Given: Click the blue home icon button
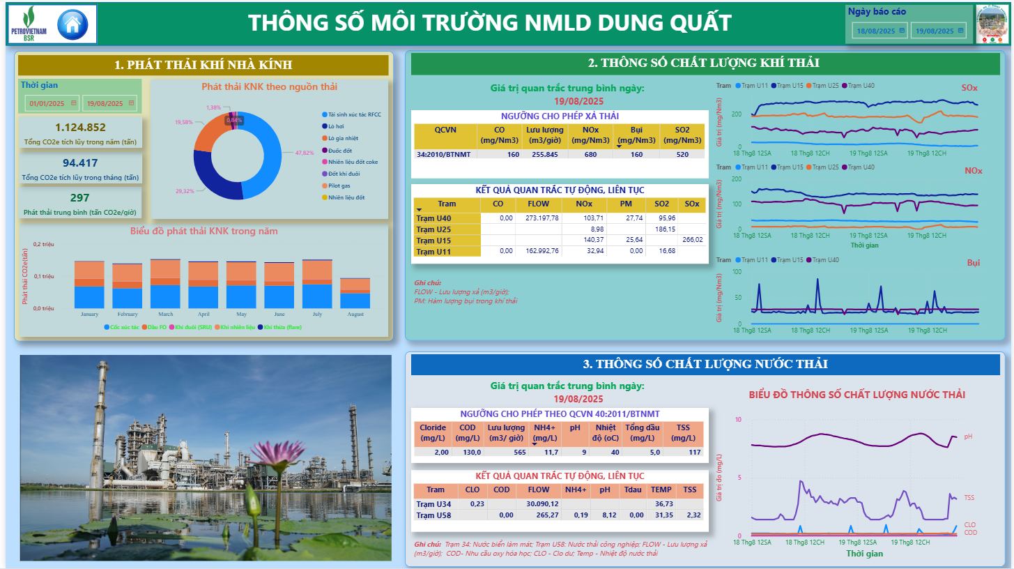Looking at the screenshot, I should point(72,24).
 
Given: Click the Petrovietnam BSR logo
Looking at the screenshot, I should point(29,24).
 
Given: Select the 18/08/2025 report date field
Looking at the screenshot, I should point(880,31).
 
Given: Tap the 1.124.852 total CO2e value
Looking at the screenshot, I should point(80,127).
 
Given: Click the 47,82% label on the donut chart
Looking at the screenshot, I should point(304,152).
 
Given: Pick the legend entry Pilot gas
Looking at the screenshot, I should point(340,185).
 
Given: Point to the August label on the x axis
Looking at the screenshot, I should point(355,314).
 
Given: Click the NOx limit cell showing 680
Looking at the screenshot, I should point(590,154).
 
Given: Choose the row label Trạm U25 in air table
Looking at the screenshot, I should point(433,229).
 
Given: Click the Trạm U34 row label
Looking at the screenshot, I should point(433,504).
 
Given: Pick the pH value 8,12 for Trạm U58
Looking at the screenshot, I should point(604,515).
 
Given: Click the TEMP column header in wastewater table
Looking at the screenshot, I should point(661,490).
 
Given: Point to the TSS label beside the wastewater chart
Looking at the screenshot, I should point(969,498).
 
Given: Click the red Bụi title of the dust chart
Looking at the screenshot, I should point(973,263).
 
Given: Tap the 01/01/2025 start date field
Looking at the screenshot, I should point(47,104).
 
